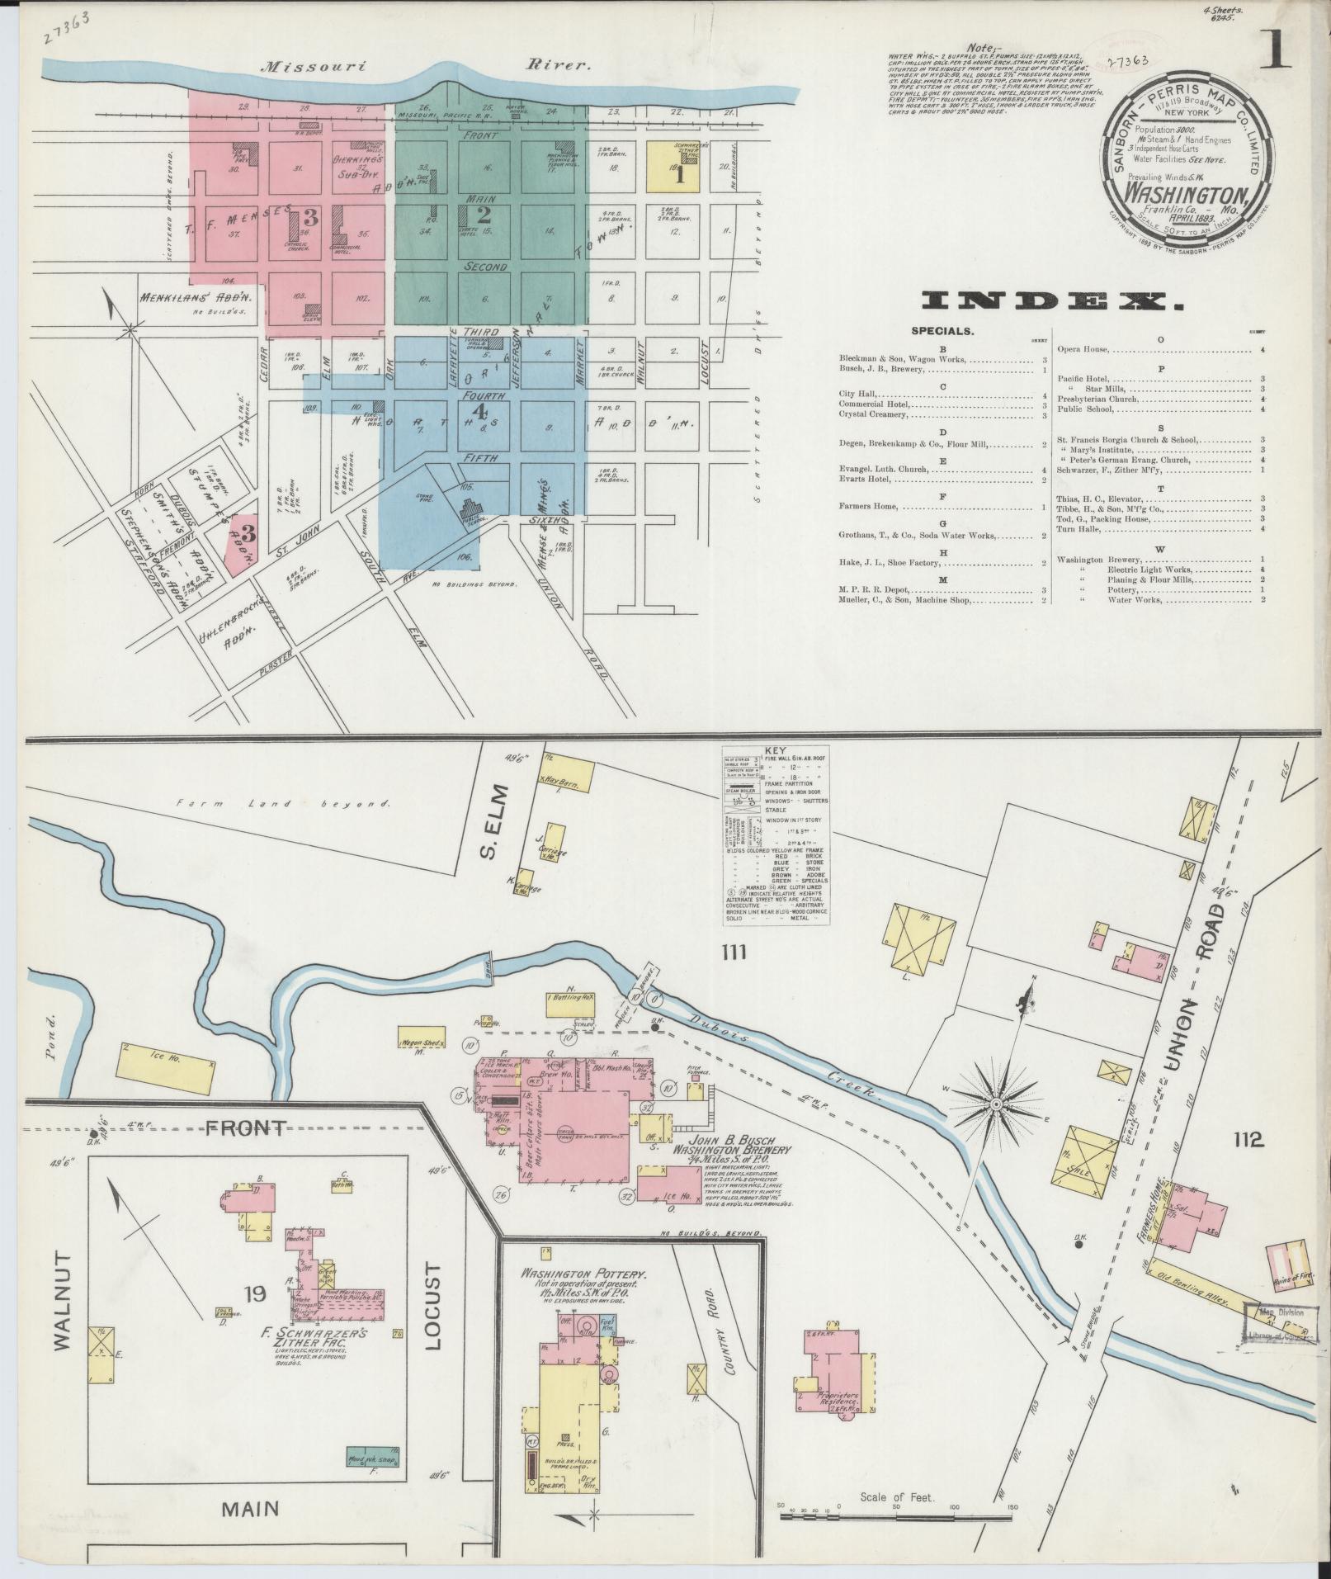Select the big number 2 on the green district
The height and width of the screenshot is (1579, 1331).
[x=483, y=215]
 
